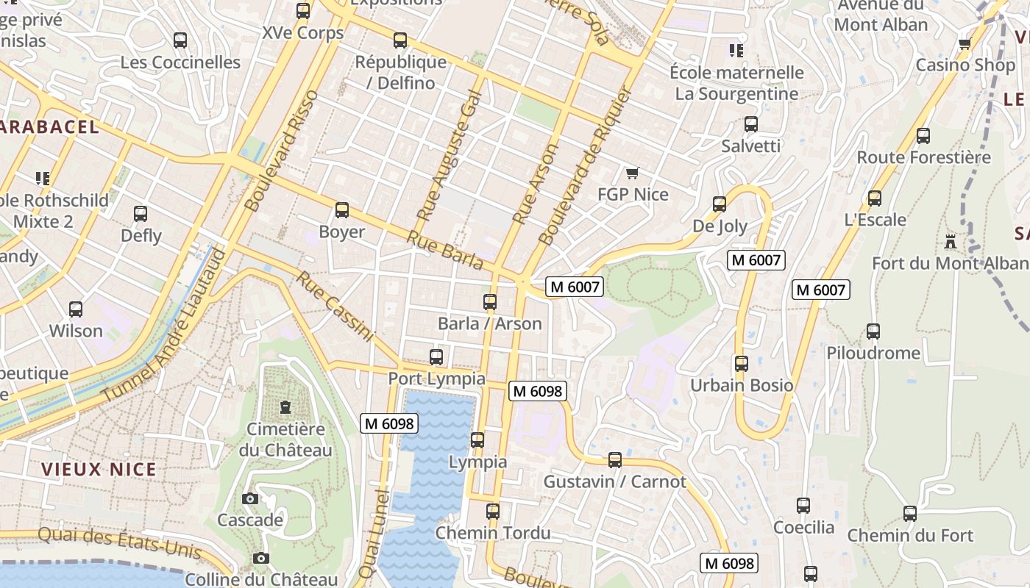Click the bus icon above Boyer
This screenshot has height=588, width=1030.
[341, 210]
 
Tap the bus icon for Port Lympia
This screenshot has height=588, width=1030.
[436, 357]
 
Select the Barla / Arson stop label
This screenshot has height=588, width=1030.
[489, 323]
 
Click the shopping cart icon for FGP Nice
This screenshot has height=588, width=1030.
[632, 173]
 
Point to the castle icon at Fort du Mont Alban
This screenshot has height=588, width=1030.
[950, 241]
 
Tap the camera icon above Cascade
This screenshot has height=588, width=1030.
[250, 498]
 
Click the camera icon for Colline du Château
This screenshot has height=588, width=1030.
[260, 558]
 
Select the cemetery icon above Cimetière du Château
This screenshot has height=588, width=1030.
[285, 406]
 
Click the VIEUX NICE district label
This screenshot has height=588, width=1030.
[99, 470]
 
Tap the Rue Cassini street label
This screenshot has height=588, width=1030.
[335, 306]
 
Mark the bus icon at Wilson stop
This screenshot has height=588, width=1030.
[76, 309]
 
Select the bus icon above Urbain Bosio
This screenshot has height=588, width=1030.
[741, 363]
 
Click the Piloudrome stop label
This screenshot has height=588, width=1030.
[873, 353]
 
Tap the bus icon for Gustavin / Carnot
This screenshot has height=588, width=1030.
[615, 460]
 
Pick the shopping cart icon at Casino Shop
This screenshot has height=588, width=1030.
[965, 43]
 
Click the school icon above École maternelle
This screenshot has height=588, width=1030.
[736, 50]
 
